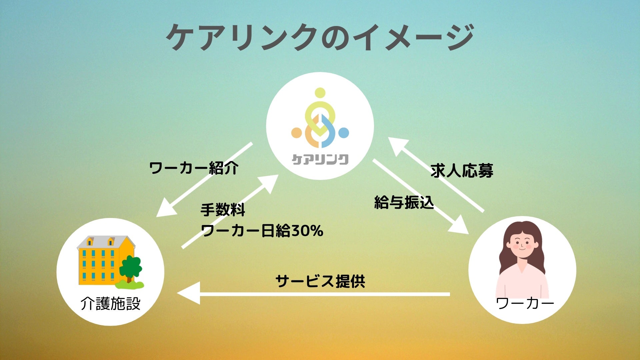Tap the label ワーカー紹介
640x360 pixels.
click(x=194, y=168)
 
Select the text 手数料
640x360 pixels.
click(x=223, y=210)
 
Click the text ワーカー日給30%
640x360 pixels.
click(x=262, y=231)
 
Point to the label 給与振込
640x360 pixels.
click(x=404, y=202)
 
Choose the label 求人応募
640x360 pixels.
click(x=462, y=171)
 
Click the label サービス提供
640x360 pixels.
click(x=320, y=281)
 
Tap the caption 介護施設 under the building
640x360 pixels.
click(x=110, y=304)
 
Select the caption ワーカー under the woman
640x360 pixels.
click(x=525, y=303)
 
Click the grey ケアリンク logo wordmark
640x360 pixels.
click(x=320, y=159)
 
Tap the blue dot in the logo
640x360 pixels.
click(x=344, y=133)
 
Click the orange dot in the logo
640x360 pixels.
click(x=296, y=133)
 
